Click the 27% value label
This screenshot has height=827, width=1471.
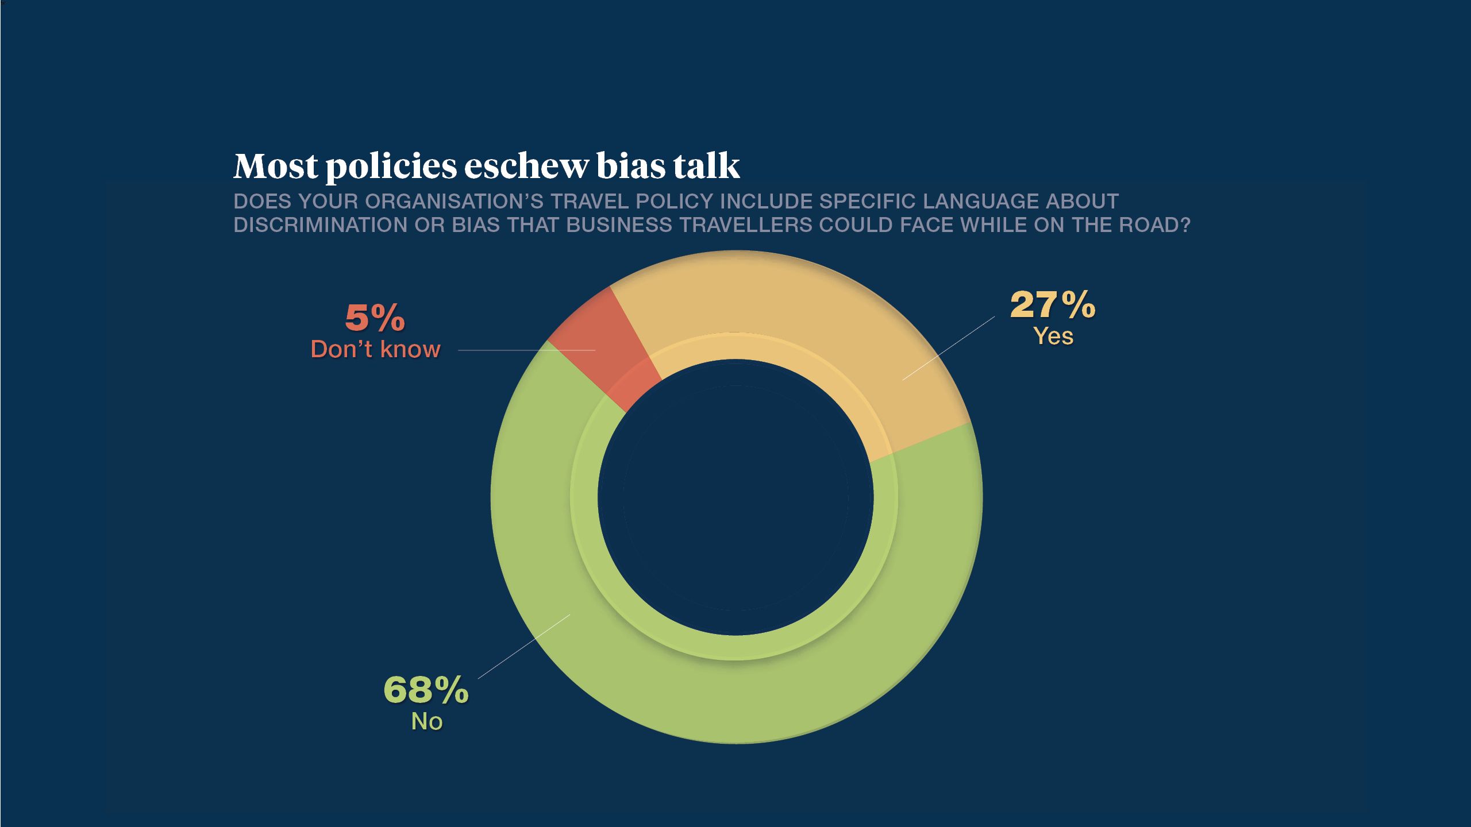[1053, 305]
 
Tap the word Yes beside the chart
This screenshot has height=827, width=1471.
[1053, 337]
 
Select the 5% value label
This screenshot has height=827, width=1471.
[375, 318]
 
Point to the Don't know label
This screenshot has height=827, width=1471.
[376, 349]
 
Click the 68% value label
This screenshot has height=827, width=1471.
[426, 690]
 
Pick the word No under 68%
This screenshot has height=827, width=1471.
[427, 721]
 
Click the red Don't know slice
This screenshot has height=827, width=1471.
[603, 345]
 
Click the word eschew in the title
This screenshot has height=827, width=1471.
[526, 167]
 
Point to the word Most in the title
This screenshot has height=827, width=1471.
[276, 167]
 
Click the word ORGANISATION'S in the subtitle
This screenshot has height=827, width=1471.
[454, 202]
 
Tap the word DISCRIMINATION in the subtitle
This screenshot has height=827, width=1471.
[321, 225]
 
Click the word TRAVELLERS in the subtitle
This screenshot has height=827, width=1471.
[746, 225]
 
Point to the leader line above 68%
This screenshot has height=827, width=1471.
[524, 646]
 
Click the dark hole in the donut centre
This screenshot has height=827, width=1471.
[735, 497]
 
